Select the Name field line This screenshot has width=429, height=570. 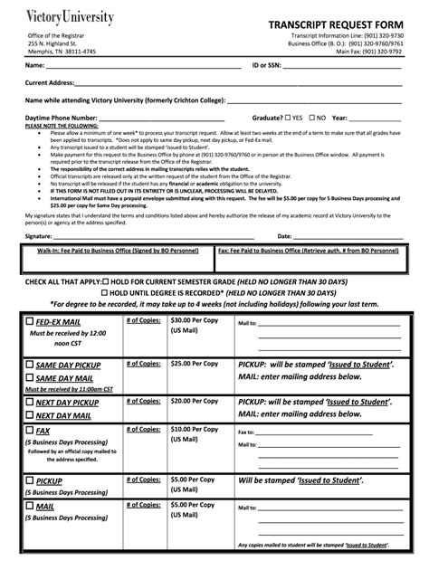pos(145,66)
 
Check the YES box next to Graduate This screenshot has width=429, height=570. pos(288,117)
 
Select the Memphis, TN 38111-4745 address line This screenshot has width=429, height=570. pos(62,52)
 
